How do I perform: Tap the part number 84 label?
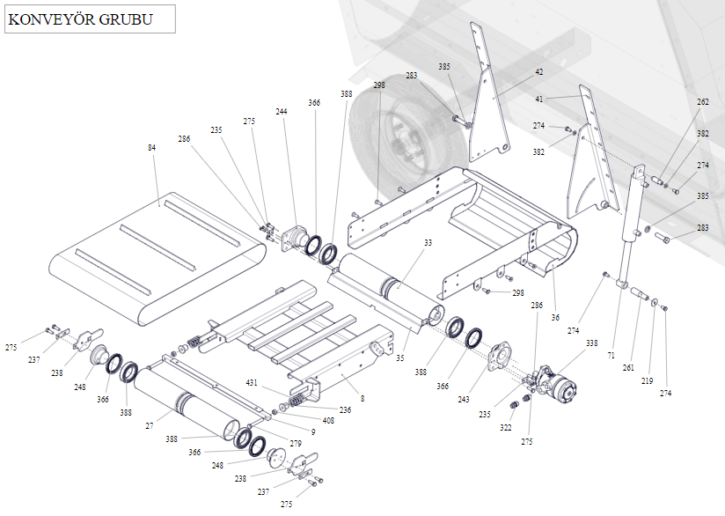pos(152,148)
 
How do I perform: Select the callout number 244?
pos(282,112)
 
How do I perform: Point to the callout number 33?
pos(428,242)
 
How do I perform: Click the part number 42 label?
pos(538,71)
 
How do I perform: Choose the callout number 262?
pos(702,102)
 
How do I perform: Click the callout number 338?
pos(591,343)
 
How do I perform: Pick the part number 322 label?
pos(505,427)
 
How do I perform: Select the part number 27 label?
pos(150,425)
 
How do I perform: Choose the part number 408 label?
pos(328,421)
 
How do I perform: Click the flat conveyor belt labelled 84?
pos(158,255)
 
